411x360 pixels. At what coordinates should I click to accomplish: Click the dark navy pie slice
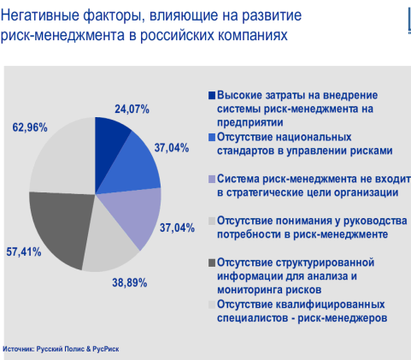[109, 145]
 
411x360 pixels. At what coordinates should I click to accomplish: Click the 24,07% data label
[132, 109]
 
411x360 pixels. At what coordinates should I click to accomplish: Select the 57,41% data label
[24, 252]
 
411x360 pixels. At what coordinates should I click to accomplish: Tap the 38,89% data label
[130, 283]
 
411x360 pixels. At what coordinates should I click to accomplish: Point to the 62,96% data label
[30, 127]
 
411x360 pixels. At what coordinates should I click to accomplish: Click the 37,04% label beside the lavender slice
[177, 228]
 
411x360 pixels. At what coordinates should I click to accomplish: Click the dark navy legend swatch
[212, 95]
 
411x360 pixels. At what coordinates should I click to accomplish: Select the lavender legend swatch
[212, 180]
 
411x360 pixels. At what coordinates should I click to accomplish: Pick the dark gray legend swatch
[212, 263]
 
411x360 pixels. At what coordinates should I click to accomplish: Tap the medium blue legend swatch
[212, 138]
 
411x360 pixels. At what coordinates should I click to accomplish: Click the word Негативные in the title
[39, 15]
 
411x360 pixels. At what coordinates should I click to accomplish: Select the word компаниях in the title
[253, 36]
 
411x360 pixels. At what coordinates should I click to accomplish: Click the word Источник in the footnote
[19, 349]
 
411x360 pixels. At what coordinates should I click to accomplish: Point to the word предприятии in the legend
[250, 123]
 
